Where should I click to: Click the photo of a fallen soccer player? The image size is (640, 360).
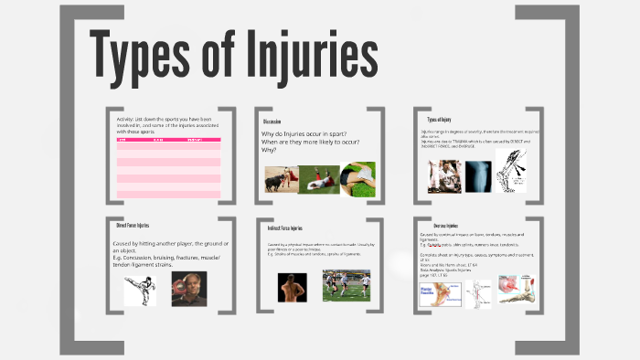[x=318, y=179]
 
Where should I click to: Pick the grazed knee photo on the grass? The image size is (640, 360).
[x=357, y=178]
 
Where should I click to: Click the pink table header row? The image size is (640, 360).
[x=168, y=140]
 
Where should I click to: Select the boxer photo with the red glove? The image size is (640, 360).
[x=188, y=289]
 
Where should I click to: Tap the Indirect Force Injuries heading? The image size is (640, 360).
[x=285, y=228]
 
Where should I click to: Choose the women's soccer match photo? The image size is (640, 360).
[x=347, y=285]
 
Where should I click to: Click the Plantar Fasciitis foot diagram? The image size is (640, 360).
[x=442, y=294]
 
